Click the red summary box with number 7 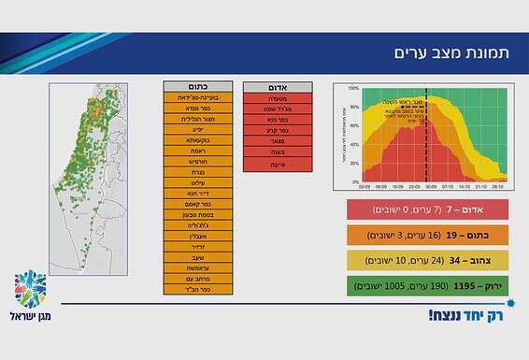point(426,209)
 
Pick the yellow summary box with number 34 point(426,260)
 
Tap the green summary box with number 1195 point(426,286)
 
